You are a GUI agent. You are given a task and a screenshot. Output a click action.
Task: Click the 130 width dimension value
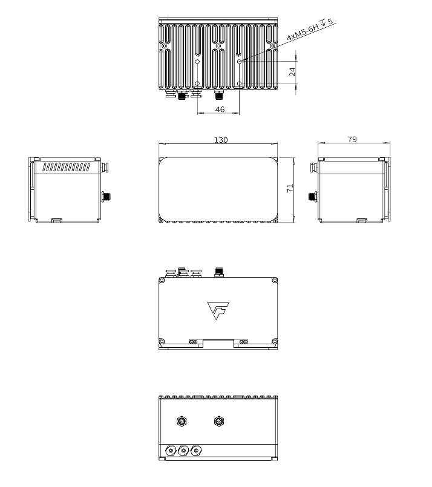[x=221, y=140]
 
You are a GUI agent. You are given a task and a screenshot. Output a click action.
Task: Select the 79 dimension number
[x=352, y=139]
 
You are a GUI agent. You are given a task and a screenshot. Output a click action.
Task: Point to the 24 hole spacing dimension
[x=292, y=71]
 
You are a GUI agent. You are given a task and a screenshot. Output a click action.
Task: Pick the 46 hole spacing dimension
[x=220, y=109]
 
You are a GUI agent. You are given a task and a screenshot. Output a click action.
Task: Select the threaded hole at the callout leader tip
[x=240, y=61]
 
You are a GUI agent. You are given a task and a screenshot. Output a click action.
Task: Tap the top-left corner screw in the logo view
[x=162, y=280]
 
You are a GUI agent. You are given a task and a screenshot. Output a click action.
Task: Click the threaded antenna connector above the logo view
[x=218, y=272]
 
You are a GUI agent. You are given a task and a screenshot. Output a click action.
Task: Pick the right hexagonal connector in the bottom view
[x=218, y=421]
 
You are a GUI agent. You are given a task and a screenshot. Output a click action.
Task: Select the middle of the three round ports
[x=183, y=451]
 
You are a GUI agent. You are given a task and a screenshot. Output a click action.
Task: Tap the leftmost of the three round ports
[x=171, y=451]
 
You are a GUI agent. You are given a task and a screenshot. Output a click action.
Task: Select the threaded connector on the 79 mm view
[x=312, y=196]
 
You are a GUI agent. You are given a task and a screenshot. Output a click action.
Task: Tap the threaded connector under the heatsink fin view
[x=218, y=95]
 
